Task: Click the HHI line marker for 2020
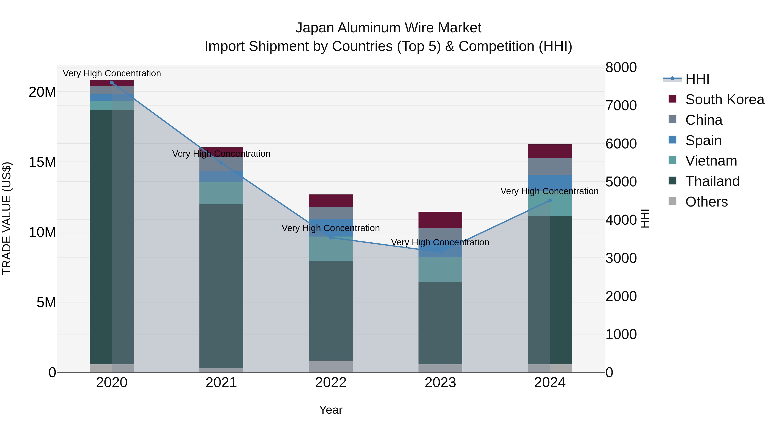tap(112, 83)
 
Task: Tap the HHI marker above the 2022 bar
tap(331, 238)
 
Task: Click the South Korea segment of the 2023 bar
tap(440, 220)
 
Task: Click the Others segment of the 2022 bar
tap(331, 366)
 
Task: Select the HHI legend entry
tap(697, 79)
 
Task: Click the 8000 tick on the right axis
tap(621, 68)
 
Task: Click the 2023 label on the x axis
tap(440, 383)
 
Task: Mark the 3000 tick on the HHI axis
tap(621, 258)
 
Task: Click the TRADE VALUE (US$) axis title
tap(7, 218)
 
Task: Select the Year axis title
tap(331, 410)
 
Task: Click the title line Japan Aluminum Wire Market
tap(388, 28)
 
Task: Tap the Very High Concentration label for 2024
tap(549, 191)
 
